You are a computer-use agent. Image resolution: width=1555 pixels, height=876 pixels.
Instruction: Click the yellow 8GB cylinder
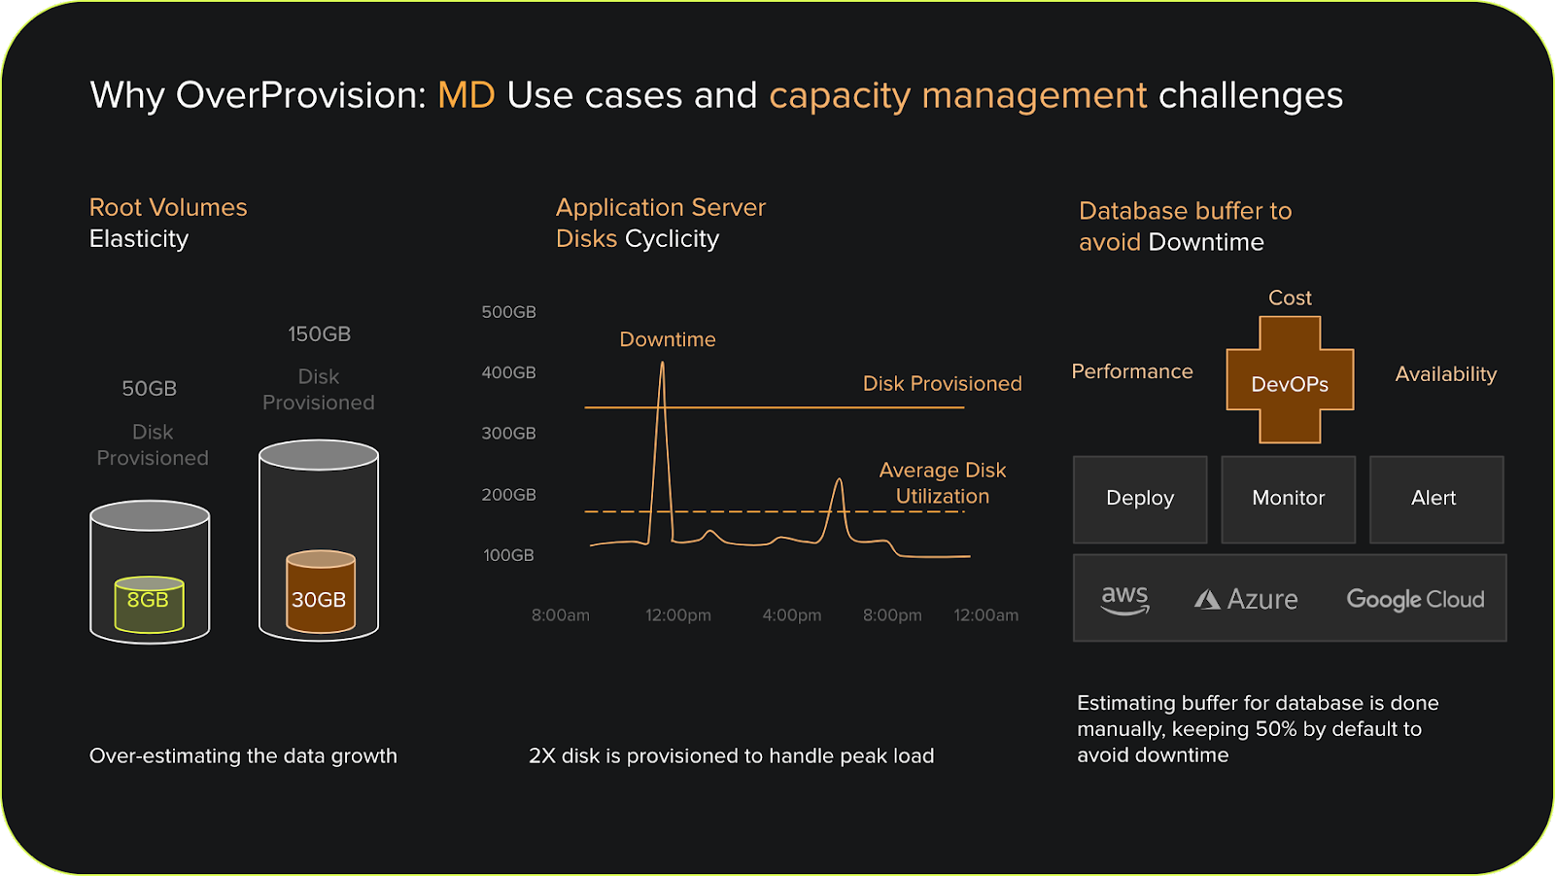coord(149,603)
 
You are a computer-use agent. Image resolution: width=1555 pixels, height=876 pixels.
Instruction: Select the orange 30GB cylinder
coord(320,592)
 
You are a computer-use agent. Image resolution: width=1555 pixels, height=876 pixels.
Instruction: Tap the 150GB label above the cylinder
coord(319,334)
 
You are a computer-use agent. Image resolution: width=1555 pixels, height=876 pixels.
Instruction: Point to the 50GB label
coord(149,389)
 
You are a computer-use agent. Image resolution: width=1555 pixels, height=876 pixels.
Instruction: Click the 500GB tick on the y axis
coord(508,312)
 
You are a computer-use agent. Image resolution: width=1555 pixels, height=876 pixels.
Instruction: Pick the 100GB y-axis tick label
coord(508,555)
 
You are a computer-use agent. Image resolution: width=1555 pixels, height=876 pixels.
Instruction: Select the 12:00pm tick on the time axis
coord(678,615)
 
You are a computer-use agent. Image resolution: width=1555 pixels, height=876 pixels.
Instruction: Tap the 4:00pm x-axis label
coord(791,615)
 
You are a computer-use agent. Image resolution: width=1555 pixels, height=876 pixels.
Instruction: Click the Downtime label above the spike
coord(668,339)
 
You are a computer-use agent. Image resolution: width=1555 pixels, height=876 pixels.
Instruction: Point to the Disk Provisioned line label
coord(942,384)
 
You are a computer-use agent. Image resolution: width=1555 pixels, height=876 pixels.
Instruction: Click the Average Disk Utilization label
coord(942,483)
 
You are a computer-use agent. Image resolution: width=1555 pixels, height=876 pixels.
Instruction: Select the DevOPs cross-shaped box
coord(1290,381)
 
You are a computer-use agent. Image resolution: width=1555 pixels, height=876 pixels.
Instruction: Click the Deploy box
coord(1140,499)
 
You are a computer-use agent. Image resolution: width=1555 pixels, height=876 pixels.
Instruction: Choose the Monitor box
coord(1288,499)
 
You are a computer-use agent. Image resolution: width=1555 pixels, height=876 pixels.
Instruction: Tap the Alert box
coord(1435,499)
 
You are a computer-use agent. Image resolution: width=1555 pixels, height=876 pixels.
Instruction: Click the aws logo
coord(1124,599)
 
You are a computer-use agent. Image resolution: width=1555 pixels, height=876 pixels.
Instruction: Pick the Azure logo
coord(1246,599)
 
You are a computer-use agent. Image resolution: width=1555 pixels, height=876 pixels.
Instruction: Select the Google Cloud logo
coord(1415,600)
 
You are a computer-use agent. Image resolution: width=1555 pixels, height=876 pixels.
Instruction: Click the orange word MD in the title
coord(466,95)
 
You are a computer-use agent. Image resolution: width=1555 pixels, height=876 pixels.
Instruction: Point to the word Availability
coord(1445,374)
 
